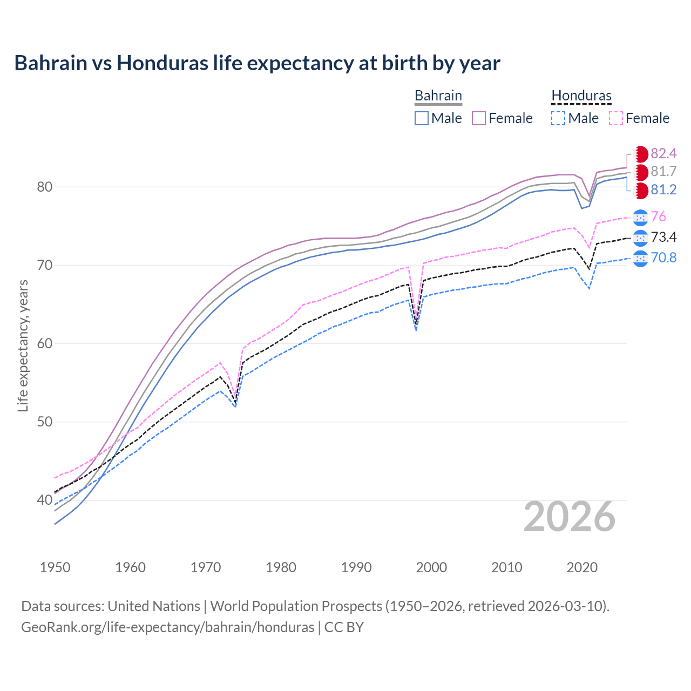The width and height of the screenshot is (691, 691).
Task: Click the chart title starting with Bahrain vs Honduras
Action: (257, 63)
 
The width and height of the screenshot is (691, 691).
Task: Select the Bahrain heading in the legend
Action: (438, 96)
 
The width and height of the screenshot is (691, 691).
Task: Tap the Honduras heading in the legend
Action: (581, 96)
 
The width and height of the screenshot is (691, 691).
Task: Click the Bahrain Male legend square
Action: (422, 118)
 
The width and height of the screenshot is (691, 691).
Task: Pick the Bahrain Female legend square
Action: (479, 118)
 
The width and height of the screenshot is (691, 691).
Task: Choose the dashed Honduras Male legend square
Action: (558, 118)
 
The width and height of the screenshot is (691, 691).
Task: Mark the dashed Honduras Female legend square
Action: (616, 118)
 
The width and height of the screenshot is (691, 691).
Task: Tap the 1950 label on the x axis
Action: (55, 567)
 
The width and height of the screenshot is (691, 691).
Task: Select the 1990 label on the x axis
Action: (356, 567)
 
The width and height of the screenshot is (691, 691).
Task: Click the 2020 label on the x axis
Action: (582, 567)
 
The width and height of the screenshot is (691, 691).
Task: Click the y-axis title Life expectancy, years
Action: (23, 345)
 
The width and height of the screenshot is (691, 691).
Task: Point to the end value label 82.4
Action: (663, 154)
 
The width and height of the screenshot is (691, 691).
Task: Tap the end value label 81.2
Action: (663, 190)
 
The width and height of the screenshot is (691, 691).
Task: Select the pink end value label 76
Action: (658, 217)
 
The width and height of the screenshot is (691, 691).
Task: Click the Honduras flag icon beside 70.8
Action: (640, 259)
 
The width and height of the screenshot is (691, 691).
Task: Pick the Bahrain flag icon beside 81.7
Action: (641, 172)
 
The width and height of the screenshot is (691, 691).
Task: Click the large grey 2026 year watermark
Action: (569, 517)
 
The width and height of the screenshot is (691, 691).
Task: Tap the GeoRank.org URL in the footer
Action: (167, 627)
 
